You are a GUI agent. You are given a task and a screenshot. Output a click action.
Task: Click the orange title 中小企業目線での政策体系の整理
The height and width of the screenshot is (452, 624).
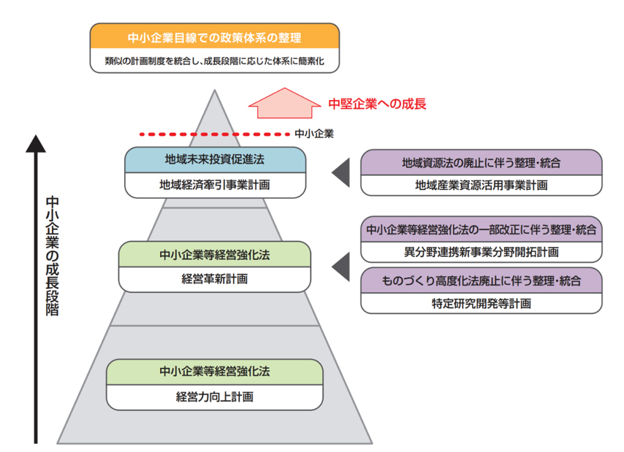pos(215,37)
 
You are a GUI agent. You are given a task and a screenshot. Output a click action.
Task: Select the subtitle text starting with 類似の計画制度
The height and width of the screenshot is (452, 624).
pos(215,61)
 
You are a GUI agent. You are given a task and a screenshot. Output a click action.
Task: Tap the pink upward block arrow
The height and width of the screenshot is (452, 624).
pos(285,102)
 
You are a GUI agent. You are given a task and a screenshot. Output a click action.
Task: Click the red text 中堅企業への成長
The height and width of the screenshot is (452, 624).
pos(377,104)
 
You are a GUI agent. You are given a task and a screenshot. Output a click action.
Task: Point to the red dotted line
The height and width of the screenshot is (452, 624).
pos(212,134)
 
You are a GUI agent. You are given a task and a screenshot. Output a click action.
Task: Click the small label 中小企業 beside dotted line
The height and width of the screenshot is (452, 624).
pos(315,134)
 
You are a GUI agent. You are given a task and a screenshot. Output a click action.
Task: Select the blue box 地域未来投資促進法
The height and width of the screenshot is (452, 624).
pos(215,160)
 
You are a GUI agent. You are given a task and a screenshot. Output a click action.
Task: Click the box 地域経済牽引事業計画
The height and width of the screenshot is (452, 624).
pos(215,185)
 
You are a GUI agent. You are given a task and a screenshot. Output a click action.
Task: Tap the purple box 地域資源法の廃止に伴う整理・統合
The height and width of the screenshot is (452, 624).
pos(482,161)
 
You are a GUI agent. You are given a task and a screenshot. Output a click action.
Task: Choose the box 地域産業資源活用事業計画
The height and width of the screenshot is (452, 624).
pos(482,185)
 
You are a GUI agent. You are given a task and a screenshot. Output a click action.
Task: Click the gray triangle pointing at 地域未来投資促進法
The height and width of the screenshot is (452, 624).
pos(340,173)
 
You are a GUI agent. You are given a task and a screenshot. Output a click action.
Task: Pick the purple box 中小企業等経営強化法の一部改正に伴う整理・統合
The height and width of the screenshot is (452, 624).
pos(482,229)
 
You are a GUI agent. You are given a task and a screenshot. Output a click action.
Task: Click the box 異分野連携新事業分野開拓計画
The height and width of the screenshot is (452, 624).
pos(482,252)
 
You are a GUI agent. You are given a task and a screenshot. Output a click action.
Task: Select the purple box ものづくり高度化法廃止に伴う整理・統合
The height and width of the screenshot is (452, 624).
pos(482,280)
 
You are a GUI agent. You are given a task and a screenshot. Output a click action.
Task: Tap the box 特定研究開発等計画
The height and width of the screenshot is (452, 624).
pos(482,302)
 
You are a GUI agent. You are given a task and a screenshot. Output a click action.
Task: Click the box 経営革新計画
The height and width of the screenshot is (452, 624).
pos(215,279)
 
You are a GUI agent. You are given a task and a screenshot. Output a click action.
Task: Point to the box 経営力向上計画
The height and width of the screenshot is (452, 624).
pos(215,397)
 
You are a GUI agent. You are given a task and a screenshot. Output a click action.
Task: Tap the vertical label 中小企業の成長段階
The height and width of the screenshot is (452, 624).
pos(52,256)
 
